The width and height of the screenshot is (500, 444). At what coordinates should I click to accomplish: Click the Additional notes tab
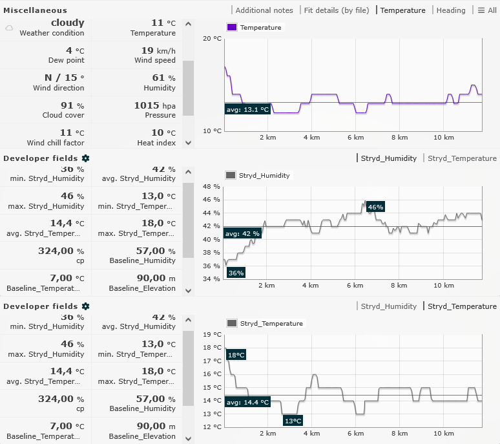264,10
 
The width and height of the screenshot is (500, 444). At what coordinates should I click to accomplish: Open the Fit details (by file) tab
336,10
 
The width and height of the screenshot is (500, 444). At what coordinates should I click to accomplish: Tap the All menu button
487,10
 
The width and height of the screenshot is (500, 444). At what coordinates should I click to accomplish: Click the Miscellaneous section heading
35,10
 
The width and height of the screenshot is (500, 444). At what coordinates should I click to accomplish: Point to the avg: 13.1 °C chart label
247,109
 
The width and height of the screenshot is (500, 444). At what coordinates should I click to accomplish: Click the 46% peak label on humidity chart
375,207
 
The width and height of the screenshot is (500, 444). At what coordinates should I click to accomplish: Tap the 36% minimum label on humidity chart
236,273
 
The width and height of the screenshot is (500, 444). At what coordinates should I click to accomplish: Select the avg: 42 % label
243,233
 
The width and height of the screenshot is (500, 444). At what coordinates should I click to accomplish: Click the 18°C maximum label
236,355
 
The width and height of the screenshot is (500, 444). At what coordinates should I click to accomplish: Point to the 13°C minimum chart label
293,421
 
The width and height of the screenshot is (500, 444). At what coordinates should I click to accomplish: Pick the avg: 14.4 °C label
247,402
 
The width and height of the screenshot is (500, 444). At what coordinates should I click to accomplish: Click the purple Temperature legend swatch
231,28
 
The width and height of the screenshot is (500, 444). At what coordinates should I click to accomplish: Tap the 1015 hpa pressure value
154,105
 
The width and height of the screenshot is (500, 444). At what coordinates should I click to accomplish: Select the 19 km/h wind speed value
154,50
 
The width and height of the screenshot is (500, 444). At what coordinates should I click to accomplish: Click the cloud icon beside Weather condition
9,28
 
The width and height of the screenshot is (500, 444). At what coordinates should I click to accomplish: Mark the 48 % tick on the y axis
212,187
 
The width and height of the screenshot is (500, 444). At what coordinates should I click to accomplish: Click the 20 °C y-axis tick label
212,39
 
